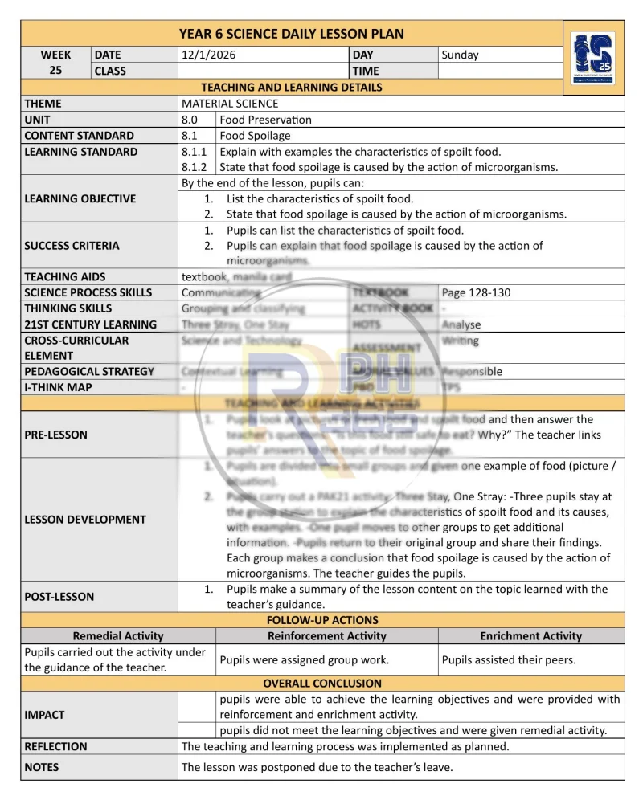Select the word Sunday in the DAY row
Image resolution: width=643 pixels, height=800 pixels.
pos(460,55)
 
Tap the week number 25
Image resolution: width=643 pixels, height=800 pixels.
pos(56,71)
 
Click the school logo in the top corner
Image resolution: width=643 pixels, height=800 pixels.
pos(592,58)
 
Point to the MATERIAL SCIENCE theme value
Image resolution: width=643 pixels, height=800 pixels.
pos(230,104)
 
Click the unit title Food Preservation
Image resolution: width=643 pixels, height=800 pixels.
pos(266,120)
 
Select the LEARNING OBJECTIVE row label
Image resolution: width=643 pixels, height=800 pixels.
pos(80,198)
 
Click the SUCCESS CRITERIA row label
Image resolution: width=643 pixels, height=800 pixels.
pos(72,246)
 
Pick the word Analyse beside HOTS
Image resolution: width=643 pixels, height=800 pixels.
pos(461,324)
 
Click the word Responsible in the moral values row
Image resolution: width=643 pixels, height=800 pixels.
pos(472,371)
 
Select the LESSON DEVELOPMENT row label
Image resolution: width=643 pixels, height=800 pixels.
pos(85,519)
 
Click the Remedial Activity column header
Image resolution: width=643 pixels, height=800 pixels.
pos(118,636)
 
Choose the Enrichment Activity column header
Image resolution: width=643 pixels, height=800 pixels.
pos(531,636)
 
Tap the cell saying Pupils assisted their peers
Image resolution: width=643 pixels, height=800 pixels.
pos(509,660)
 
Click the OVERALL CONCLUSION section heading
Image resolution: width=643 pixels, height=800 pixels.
pos(322,684)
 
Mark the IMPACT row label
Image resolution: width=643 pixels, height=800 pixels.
pos(44,715)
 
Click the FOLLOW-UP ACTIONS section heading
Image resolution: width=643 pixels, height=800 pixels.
pos(322,620)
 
